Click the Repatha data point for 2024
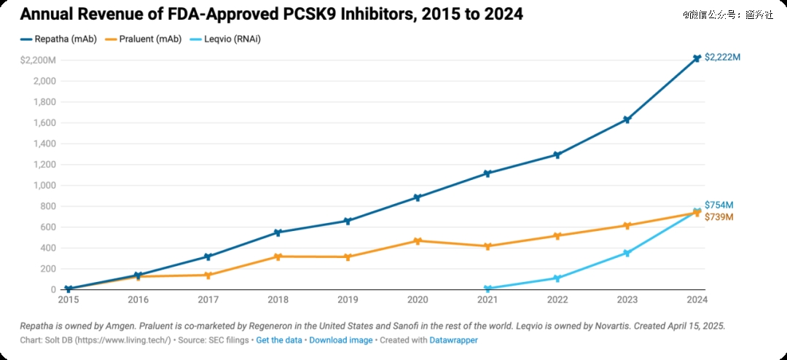point(697,58)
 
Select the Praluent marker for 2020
point(418,240)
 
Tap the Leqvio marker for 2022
point(557,278)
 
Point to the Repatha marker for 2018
point(278,232)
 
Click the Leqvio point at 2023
point(627,253)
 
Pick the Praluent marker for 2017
point(208,275)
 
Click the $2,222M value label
point(722,57)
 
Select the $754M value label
point(719,206)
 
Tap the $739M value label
point(719,217)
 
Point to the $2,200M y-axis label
point(38,60)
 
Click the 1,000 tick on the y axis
point(44,185)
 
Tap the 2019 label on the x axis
point(348,300)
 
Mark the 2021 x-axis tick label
point(488,300)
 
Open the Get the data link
point(279,340)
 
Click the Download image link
point(341,340)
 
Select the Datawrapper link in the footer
point(453,340)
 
